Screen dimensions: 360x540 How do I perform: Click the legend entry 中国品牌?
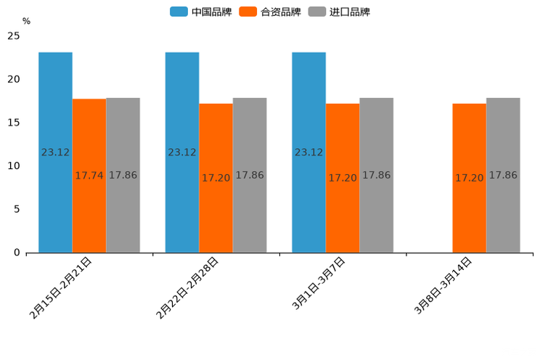click(x=200, y=12)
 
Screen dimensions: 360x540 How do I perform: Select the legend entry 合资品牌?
click(x=270, y=12)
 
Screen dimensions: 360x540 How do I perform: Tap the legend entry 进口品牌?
click(x=340, y=12)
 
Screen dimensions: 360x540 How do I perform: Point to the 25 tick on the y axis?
click(x=14, y=36)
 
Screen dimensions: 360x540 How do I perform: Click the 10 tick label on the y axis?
click(x=14, y=166)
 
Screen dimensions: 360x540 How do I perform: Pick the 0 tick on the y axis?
click(x=17, y=253)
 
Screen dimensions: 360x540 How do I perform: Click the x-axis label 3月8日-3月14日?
click(x=443, y=285)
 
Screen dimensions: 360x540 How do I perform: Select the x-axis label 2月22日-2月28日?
click(x=187, y=287)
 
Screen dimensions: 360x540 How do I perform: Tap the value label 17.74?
click(x=89, y=176)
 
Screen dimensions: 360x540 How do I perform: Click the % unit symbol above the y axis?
click(x=26, y=21)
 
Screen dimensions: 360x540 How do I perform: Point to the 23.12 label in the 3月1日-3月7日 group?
click(x=308, y=152)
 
